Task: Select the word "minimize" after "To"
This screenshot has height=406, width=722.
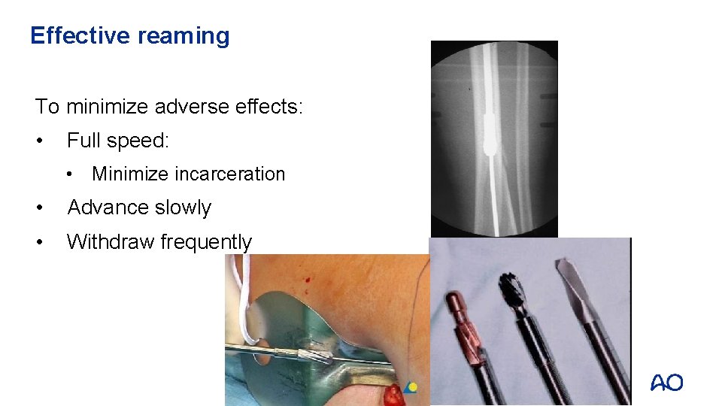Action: (x=106, y=107)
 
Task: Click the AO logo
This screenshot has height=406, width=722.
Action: (x=667, y=383)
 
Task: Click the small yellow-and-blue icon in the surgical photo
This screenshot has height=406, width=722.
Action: (x=410, y=387)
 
